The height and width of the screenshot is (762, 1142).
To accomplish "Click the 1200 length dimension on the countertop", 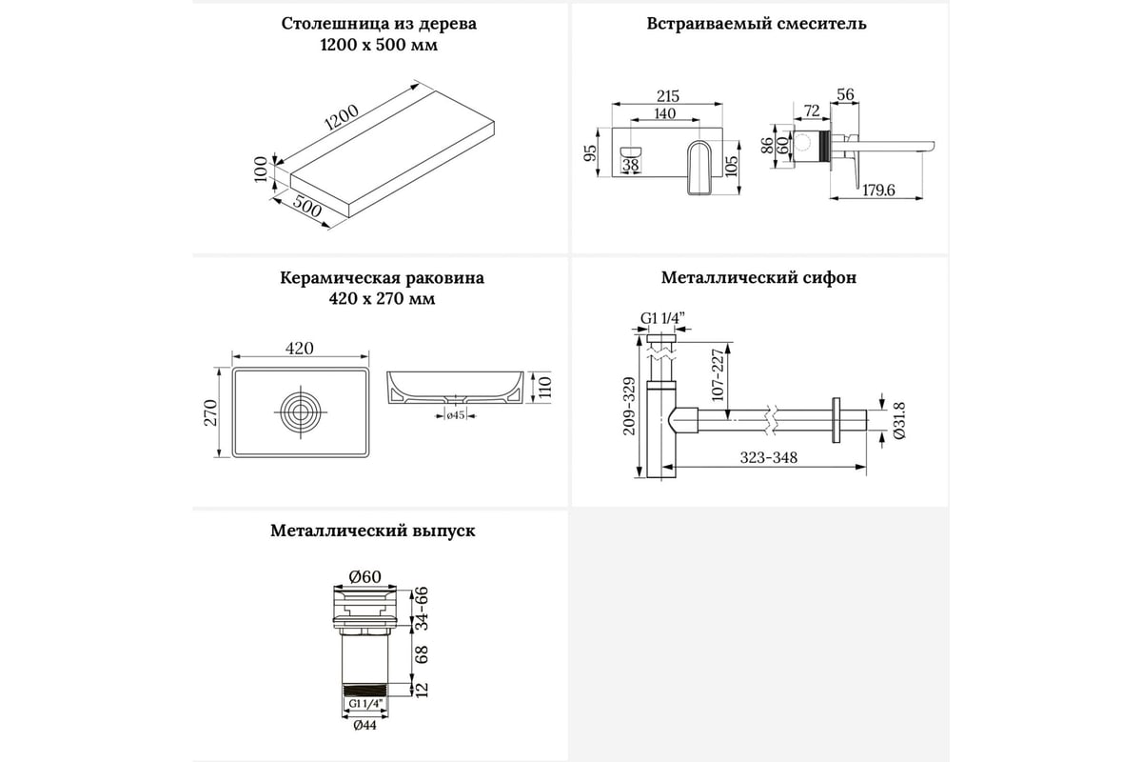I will coord(341,119).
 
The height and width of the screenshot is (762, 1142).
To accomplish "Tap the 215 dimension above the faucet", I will coord(668,96).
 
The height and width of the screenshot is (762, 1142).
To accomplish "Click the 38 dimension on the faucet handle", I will coord(630,165).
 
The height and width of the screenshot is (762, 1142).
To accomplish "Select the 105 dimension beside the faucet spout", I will coord(731,167).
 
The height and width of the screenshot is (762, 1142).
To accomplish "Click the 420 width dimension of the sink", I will coord(299,349).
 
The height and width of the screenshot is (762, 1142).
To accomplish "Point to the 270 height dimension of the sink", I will coord(212,411).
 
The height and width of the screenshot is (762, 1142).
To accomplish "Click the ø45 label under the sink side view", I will coord(455,414).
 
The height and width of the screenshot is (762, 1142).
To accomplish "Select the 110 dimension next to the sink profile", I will coord(545,386).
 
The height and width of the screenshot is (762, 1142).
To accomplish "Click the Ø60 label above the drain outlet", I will coord(364,576).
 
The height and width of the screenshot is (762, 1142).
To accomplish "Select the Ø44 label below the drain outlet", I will coord(364,725).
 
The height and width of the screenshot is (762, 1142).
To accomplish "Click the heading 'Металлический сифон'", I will coord(758,278).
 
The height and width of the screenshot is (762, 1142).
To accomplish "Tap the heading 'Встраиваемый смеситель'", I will coord(756,24).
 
